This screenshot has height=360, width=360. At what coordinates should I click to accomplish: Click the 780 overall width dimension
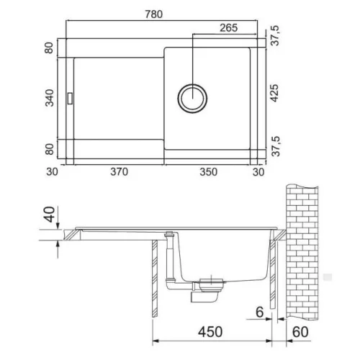click(153, 14)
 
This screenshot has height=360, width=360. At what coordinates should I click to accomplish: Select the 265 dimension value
click(228, 28)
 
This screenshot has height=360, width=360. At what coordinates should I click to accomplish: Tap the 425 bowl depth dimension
click(274, 93)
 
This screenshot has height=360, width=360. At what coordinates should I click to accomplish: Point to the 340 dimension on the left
click(50, 98)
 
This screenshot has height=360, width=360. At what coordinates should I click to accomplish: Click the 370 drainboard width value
click(119, 172)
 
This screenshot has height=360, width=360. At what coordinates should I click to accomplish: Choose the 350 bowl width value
click(209, 172)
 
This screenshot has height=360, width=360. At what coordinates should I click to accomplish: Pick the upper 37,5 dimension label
click(275, 35)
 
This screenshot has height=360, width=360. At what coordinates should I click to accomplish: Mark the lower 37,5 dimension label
click(275, 146)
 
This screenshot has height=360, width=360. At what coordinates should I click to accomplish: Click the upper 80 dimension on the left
click(49, 48)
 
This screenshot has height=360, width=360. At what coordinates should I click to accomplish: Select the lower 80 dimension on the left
click(50, 149)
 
